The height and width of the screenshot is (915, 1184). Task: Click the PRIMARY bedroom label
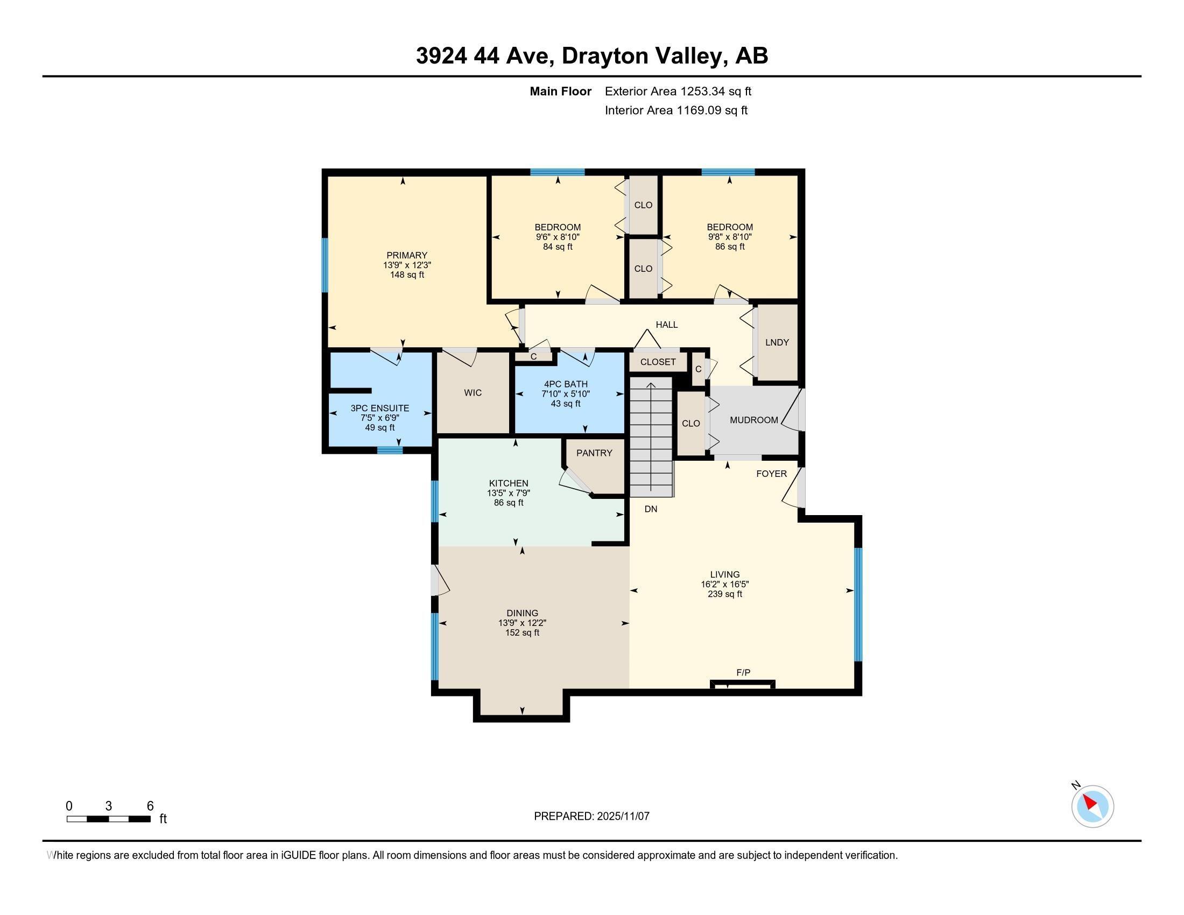point(406,255)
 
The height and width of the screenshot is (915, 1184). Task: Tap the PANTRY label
point(594,453)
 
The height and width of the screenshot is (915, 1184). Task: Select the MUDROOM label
point(753,420)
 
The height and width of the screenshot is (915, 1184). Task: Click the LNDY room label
point(777,342)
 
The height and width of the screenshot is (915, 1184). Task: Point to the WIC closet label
point(473,393)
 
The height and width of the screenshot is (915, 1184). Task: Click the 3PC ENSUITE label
point(379,408)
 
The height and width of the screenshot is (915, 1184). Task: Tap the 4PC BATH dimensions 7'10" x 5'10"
point(566,394)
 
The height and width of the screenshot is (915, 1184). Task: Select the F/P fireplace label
point(743,673)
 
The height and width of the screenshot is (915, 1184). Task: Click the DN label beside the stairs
point(651,510)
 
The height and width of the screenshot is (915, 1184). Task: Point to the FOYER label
point(771,474)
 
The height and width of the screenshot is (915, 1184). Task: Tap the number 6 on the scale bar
point(150,806)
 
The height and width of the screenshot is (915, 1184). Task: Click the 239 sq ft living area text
point(725,594)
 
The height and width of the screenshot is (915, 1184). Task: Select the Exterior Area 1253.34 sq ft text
point(678,91)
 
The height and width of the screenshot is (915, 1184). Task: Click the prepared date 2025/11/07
point(622,817)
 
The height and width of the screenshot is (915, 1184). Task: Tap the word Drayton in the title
point(604,56)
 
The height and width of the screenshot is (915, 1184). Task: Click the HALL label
point(667,325)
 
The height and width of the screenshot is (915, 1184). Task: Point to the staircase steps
point(651,439)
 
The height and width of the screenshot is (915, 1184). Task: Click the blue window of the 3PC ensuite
point(390,450)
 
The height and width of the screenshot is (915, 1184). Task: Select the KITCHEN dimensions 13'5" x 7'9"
point(508,493)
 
